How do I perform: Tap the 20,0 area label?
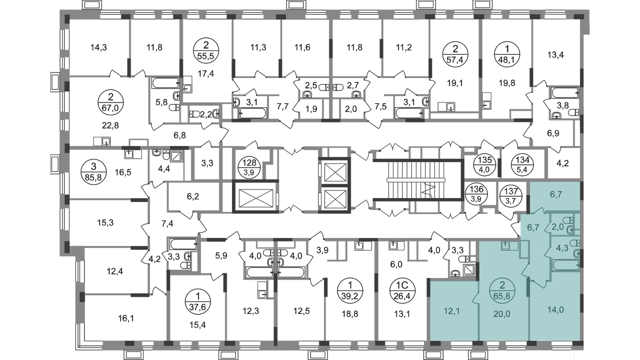(x=502, y=314)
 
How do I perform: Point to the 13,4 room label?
(x=557, y=54)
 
